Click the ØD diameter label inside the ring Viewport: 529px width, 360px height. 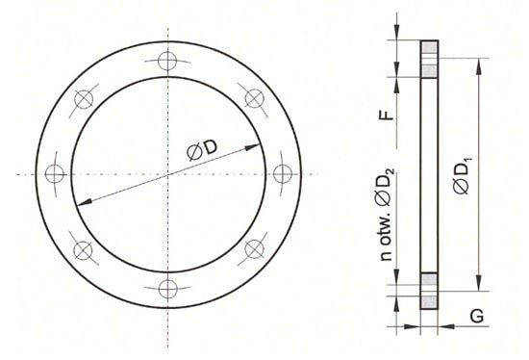click(202, 150)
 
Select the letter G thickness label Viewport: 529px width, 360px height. click(477, 316)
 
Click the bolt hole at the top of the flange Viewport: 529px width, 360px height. click(167, 61)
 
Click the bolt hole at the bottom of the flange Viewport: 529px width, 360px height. click(167, 289)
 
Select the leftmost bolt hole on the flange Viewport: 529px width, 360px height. click(54, 174)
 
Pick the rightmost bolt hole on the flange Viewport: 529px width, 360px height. click(283, 174)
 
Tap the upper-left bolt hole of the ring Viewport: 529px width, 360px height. click(84, 99)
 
